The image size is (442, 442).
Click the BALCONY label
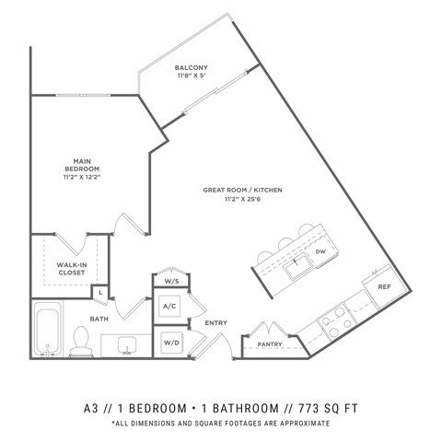[x=193, y=67]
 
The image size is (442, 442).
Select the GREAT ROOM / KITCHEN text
[x=242, y=190]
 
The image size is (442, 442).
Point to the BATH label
[x=99, y=319]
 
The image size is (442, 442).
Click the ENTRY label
[x=216, y=322]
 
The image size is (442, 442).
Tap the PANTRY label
[x=269, y=343]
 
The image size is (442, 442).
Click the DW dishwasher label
[x=320, y=250]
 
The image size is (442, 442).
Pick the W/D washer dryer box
[x=170, y=343]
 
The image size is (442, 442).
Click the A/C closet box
[x=170, y=306]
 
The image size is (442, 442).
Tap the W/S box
[x=171, y=281]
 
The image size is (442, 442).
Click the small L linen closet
[x=99, y=292]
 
